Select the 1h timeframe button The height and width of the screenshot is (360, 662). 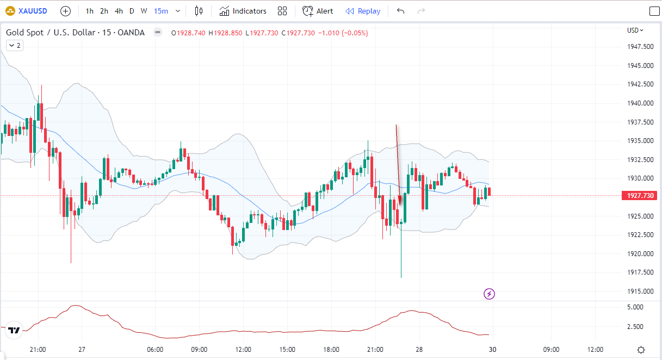point(90,11)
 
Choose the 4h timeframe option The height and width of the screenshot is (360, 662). point(119,11)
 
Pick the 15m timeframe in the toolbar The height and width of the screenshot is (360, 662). point(160,11)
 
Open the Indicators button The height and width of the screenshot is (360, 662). point(243,11)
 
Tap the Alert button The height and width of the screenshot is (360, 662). point(318,11)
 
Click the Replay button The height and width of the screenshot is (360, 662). point(363,11)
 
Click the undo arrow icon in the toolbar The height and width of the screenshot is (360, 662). point(401,11)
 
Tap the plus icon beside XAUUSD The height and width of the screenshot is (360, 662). point(65,11)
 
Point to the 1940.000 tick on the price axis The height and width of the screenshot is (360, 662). point(640,103)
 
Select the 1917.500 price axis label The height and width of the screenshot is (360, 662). point(640,272)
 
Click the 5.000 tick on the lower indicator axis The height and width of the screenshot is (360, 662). point(636,307)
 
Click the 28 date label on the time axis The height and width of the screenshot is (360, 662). point(419,350)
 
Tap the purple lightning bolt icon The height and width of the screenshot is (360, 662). point(490,294)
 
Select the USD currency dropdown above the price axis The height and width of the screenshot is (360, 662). point(635,30)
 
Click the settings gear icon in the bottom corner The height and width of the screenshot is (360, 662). point(641,350)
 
